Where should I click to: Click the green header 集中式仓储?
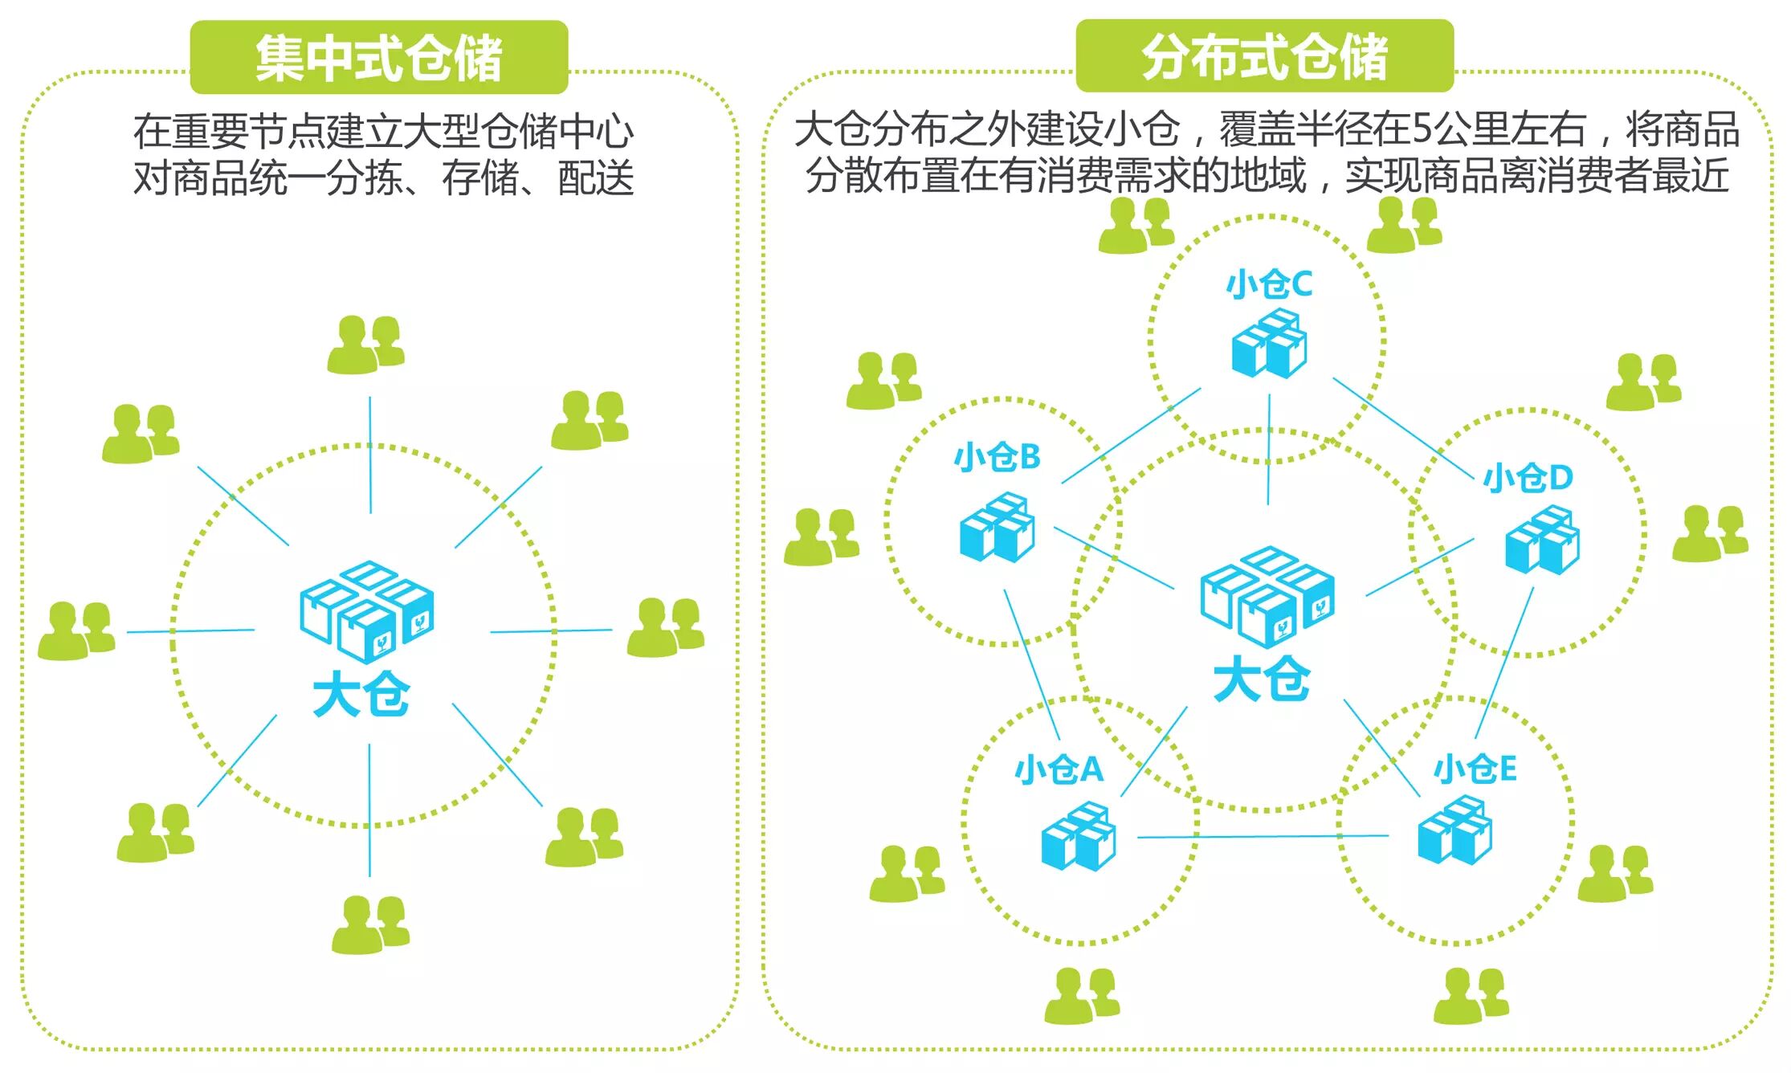click(378, 57)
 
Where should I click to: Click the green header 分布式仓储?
click(1264, 56)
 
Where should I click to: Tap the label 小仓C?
click(1269, 285)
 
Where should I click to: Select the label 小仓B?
click(997, 458)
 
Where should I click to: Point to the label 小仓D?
click(1528, 478)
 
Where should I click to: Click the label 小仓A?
click(1059, 769)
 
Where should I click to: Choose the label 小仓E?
click(1475, 769)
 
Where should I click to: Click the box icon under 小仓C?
click(1269, 344)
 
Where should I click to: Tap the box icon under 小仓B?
click(997, 528)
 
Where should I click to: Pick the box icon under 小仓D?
click(1541, 540)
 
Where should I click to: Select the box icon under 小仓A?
click(1078, 836)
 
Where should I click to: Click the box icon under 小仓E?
click(1454, 830)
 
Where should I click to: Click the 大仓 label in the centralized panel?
click(361, 694)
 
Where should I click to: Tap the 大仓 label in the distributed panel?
click(1262, 679)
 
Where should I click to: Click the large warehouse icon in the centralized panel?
click(367, 610)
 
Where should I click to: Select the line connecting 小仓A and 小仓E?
click(1263, 837)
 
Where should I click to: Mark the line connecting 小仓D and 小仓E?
click(1504, 663)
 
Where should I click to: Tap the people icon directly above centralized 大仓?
click(365, 345)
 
